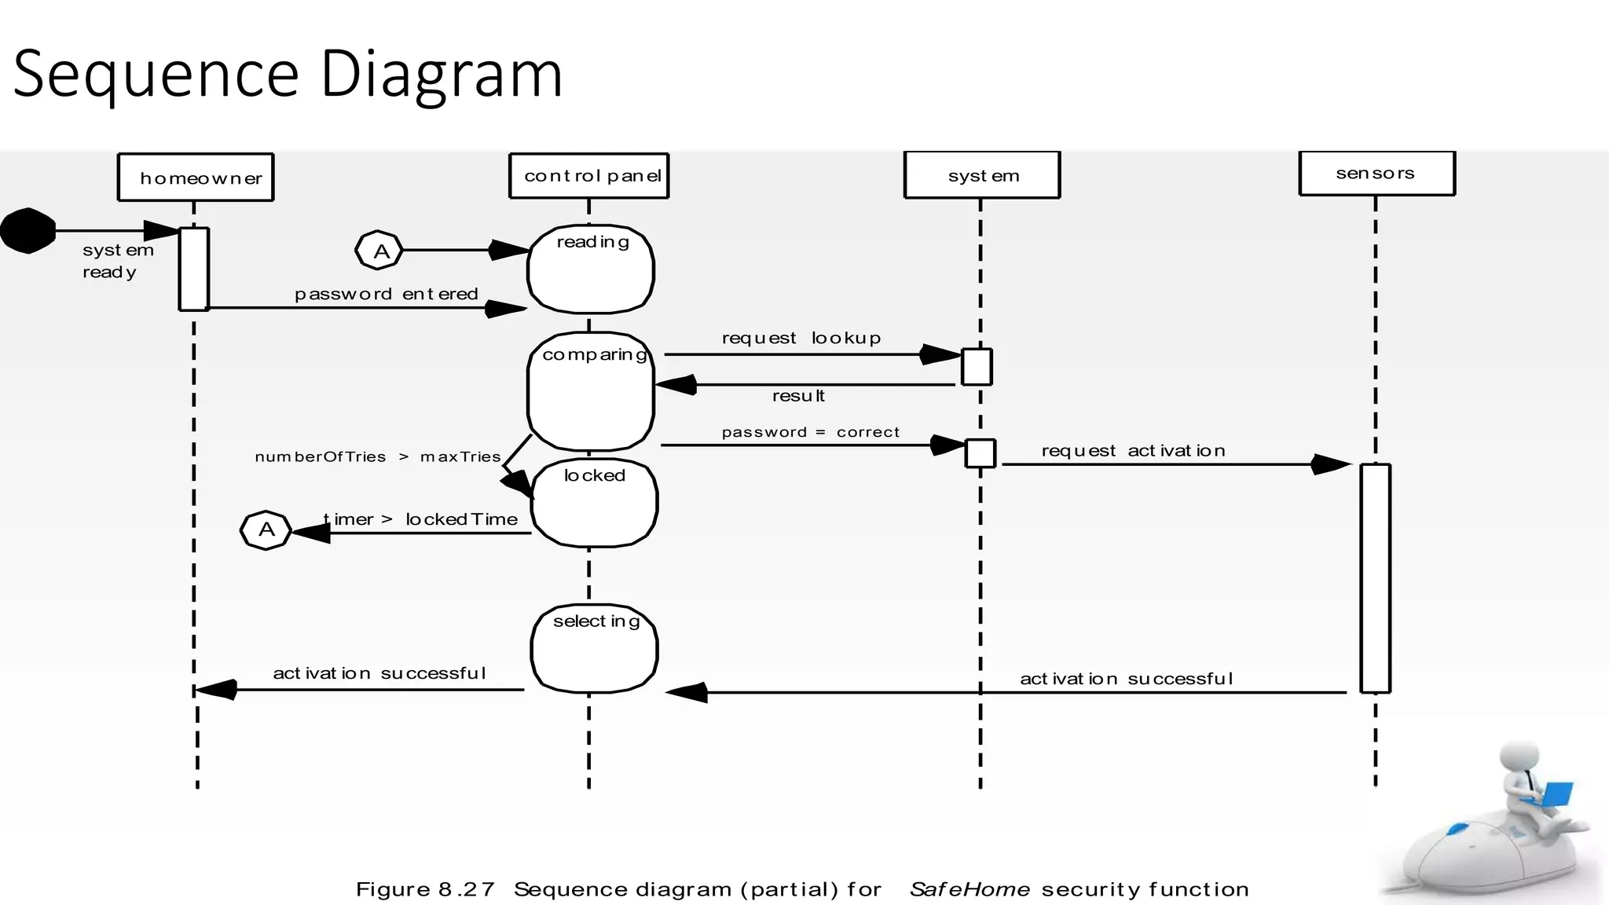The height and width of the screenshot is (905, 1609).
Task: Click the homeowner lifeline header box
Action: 196,178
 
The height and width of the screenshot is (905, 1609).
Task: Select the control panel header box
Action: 589,175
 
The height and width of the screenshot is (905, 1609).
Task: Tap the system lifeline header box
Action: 982,175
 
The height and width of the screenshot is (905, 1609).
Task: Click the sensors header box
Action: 1376,173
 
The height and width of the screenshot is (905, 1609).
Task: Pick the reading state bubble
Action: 591,269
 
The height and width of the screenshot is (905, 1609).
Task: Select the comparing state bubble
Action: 591,391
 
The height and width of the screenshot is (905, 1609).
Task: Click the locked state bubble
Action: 595,503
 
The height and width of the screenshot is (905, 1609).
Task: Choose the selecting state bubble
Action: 595,649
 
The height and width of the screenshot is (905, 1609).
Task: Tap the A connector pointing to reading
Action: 379,251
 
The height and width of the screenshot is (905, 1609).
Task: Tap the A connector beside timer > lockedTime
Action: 266,530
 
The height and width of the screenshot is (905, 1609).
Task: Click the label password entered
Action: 386,294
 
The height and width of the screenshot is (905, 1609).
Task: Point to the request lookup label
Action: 801,338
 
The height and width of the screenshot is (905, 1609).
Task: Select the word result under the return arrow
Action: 798,396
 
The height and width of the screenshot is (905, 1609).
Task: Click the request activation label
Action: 1133,451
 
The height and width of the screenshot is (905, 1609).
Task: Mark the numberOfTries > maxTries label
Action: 377,456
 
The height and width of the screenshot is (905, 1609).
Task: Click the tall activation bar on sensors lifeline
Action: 1376,578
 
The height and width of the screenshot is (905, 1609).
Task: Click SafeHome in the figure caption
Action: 969,889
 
